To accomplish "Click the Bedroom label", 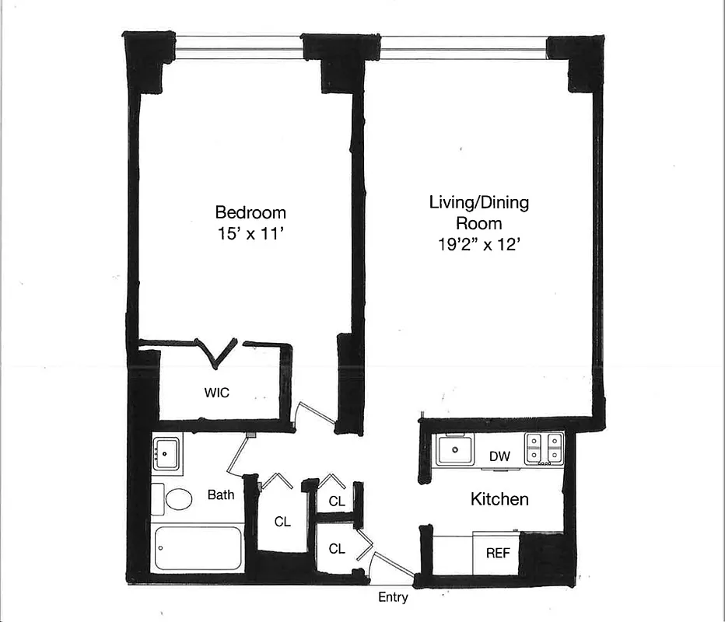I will [250, 212].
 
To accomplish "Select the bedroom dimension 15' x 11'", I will [250, 232].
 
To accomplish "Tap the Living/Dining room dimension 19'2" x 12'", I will [478, 243].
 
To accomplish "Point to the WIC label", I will [217, 393].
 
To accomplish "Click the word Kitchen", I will [499, 499].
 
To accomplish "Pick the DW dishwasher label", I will [499, 456].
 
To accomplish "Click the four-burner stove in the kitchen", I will [544, 449].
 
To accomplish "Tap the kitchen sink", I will [454, 449].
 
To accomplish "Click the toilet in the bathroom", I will [177, 499].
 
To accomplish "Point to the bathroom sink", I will [166, 454].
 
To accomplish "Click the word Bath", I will [221, 494].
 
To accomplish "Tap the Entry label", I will [393, 598].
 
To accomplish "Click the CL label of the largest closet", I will [282, 522].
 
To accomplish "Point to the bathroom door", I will [237, 455].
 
